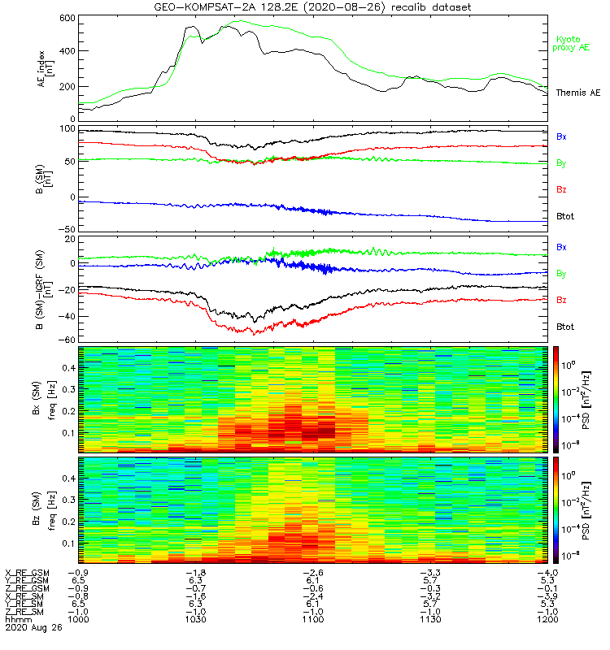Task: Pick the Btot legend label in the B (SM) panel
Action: click(x=564, y=216)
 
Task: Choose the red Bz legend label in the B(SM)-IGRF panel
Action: click(x=562, y=301)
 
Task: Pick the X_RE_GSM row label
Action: click(x=27, y=574)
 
